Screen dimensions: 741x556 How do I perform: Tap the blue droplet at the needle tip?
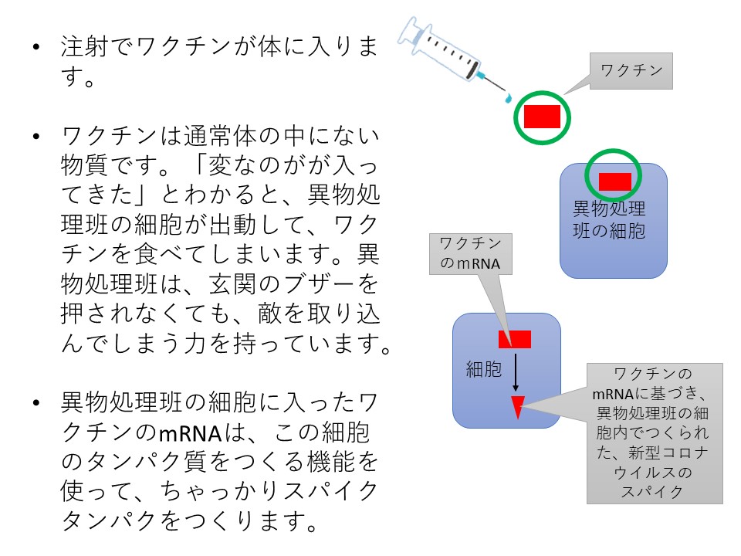pyautogui.click(x=508, y=98)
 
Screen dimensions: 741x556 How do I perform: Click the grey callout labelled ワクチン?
pyautogui.click(x=631, y=71)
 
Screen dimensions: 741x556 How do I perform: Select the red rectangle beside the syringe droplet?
pyautogui.click(x=542, y=117)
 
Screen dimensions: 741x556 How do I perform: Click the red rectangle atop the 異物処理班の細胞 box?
pyautogui.click(x=615, y=181)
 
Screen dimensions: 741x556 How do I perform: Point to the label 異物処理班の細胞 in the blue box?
pyautogui.click(x=609, y=219)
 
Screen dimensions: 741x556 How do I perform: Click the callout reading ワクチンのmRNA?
pyautogui.click(x=471, y=254)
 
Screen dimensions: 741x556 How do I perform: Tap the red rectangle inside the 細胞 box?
pyautogui.click(x=515, y=339)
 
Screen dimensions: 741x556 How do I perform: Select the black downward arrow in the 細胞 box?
pyautogui.click(x=516, y=373)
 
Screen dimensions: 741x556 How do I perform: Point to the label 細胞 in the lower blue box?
pyautogui.click(x=483, y=369)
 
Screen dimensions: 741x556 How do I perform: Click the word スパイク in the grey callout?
pyautogui.click(x=652, y=492)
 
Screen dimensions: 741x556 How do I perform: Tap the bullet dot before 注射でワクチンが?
pyautogui.click(x=37, y=47)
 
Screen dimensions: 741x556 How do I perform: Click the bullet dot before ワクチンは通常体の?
pyautogui.click(x=37, y=137)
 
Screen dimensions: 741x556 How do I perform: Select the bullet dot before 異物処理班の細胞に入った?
pyautogui.click(x=37, y=403)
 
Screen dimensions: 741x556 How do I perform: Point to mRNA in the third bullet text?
pyautogui.click(x=191, y=433)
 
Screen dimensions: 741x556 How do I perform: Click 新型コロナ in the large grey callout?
pyautogui.click(x=668, y=453)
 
